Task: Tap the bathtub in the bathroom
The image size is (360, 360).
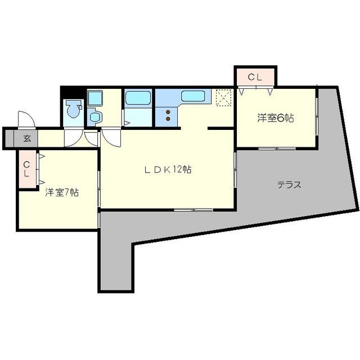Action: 137,99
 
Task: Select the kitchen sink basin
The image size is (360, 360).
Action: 192,96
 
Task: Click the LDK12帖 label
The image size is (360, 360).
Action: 166,169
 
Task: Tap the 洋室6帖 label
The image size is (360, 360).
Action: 276,118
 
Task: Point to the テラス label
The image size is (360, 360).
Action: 289,184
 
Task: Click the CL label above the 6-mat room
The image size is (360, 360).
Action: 254,78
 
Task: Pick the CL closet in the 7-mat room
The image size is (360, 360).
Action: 27,168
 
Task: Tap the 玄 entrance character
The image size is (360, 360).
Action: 26,138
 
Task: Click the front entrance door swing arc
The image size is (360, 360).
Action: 25,119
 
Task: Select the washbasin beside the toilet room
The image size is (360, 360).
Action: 95,117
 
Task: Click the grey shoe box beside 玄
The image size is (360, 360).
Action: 10,138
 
